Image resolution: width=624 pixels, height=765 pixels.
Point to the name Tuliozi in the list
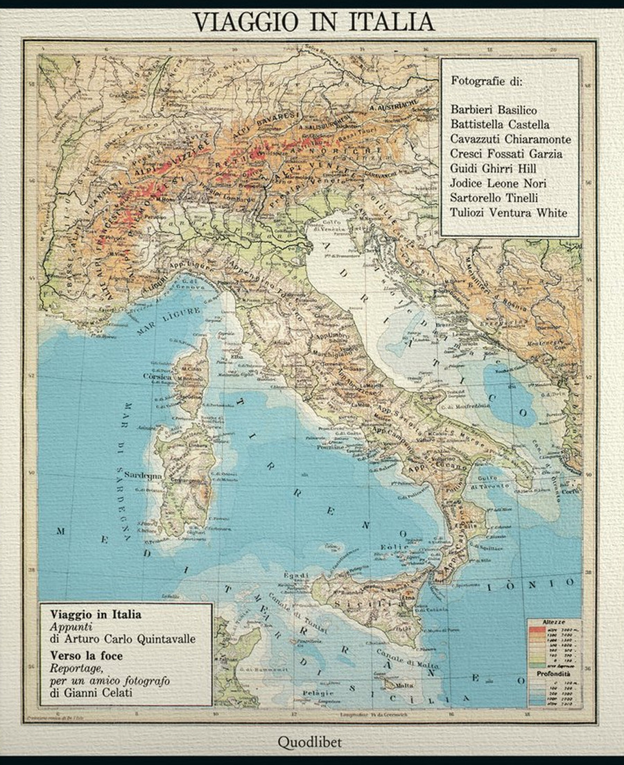(470, 212)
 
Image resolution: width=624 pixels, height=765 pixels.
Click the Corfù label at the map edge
(571, 491)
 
